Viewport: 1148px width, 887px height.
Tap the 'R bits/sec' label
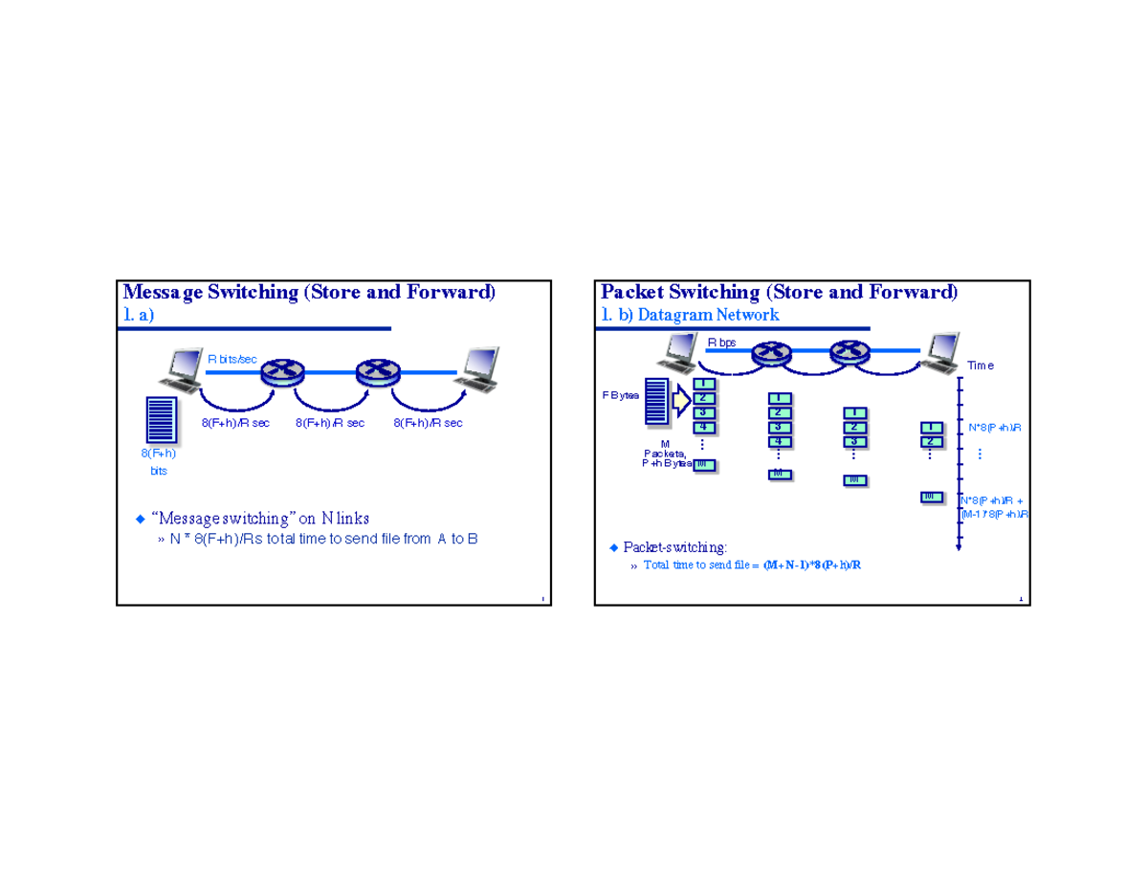232,359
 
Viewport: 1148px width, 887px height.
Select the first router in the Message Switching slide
280,372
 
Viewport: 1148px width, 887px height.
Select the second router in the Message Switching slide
375,372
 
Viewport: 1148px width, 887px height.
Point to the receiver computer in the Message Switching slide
478,371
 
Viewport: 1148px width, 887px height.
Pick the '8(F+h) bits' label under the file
159,463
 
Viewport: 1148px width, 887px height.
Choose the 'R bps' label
721,342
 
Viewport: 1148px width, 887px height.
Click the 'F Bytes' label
622,396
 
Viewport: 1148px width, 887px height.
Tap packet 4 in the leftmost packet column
703,427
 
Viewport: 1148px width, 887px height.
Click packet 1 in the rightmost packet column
929,427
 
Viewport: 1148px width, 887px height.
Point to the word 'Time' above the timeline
980,366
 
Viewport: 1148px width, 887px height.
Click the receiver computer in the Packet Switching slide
942,353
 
